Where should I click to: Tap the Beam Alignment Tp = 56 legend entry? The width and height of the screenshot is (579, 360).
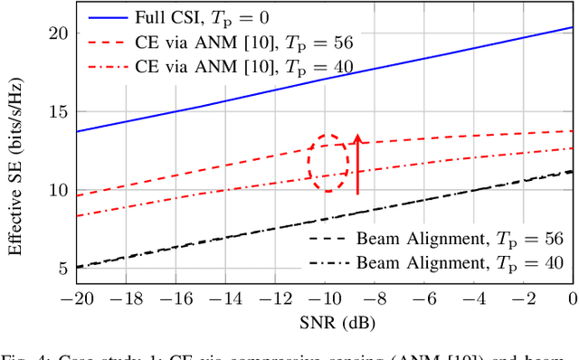pos(435,241)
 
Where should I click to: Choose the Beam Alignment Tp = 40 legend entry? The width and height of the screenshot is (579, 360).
pos(435,262)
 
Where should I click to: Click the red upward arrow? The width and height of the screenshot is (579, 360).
pos(358,164)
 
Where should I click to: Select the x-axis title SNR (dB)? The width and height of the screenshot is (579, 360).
pos(315,322)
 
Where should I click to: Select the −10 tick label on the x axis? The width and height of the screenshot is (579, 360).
pos(317,299)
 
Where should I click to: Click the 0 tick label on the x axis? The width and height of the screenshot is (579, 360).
pos(572,299)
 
